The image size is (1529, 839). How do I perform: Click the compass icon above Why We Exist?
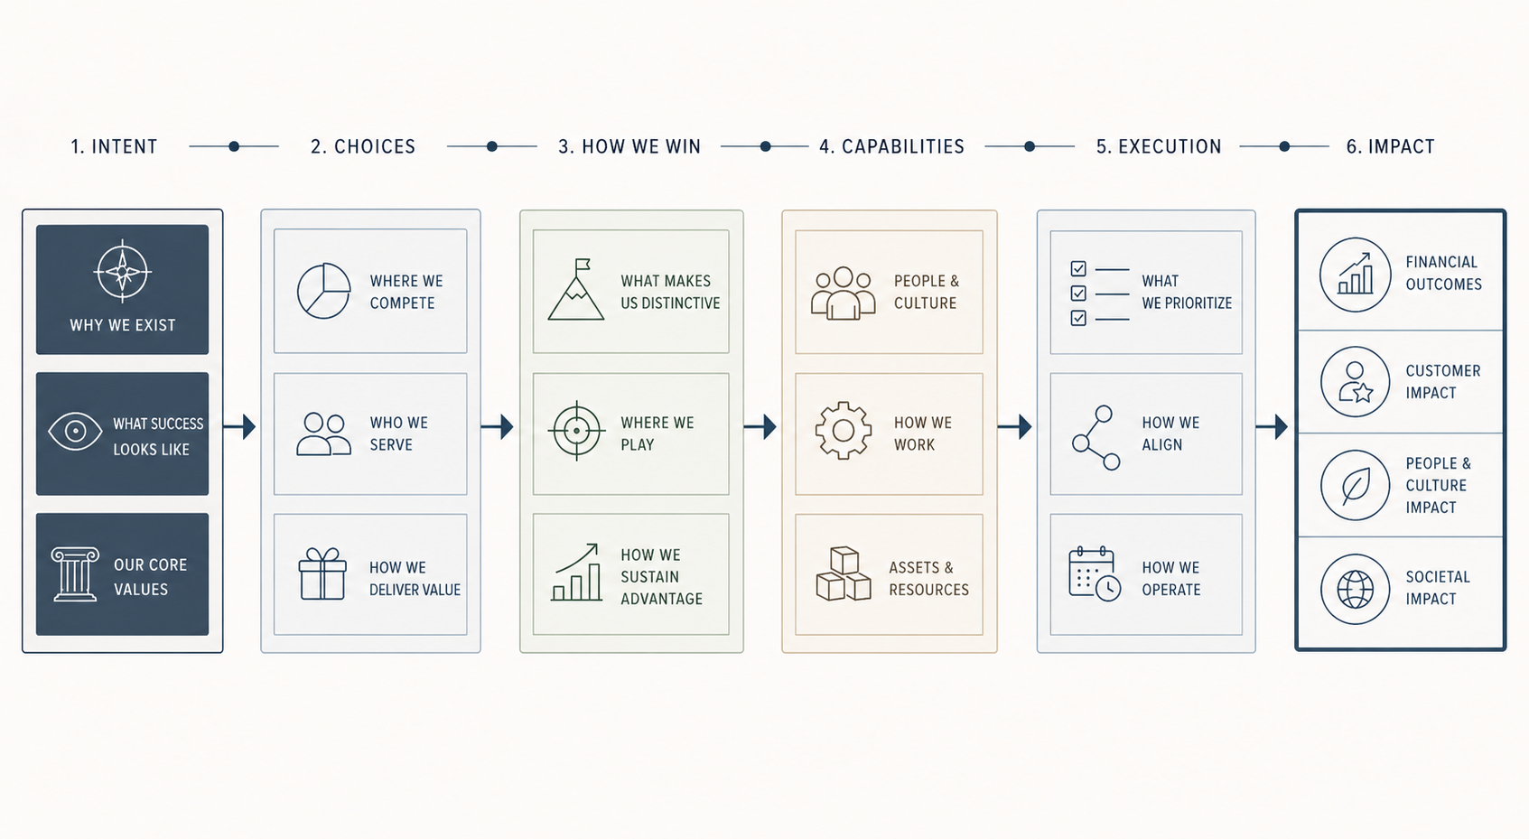(122, 271)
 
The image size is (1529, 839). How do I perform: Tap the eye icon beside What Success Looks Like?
(75, 432)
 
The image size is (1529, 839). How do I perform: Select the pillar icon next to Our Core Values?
(75, 574)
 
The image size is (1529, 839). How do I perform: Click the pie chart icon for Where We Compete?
(323, 291)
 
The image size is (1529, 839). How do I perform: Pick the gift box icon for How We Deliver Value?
(322, 574)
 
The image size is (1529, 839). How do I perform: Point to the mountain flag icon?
(575, 290)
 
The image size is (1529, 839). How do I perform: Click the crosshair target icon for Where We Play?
(577, 431)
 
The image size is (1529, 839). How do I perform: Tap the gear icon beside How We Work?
(843, 430)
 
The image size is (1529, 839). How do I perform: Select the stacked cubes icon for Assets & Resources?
(843, 573)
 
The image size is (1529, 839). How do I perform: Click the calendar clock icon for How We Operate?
(1095, 574)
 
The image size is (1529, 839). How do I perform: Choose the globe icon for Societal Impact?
(1355, 589)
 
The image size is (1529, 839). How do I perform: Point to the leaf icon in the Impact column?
(1355, 485)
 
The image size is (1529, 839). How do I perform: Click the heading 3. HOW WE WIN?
(629, 147)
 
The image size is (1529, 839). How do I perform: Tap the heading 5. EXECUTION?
(1159, 147)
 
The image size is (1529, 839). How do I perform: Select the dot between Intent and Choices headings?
(234, 146)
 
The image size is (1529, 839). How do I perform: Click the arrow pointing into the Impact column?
(1272, 426)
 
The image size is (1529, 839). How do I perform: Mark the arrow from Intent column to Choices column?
(239, 426)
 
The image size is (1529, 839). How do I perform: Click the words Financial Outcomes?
(1444, 273)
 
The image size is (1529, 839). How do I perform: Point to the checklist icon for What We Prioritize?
(1100, 294)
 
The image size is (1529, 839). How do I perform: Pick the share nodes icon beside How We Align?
(1096, 438)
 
